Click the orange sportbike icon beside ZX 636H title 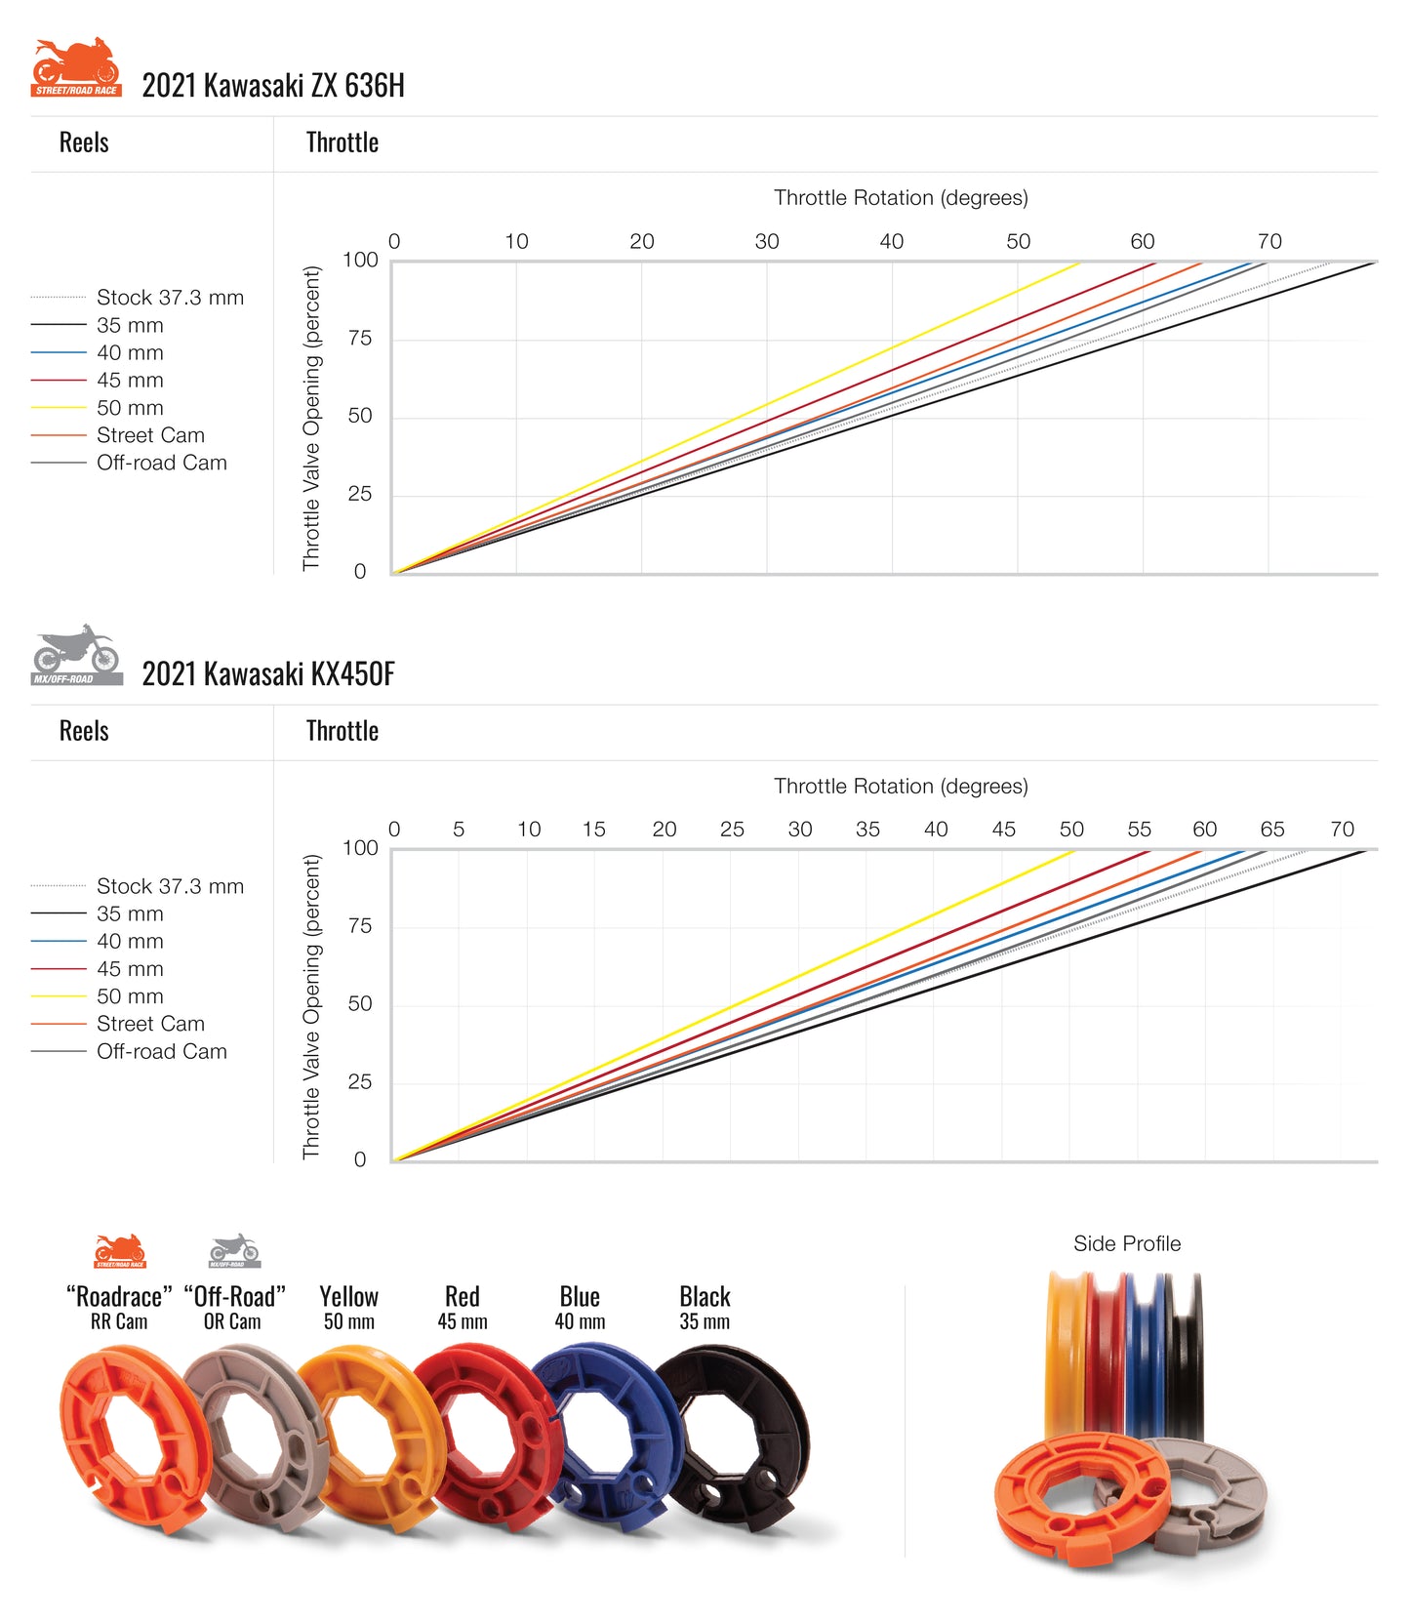click(x=76, y=67)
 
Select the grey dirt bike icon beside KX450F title click(x=76, y=655)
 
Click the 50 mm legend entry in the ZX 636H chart click(x=130, y=408)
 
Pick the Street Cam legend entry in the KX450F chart click(x=150, y=1024)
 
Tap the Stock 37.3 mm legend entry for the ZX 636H click(x=170, y=298)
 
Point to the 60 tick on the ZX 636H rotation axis click(x=1142, y=241)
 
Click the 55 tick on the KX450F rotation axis click(x=1139, y=830)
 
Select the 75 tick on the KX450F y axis click(x=360, y=926)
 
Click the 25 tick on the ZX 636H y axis click(x=360, y=494)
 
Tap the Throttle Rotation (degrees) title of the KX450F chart click(x=901, y=787)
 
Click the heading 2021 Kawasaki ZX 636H click(x=273, y=86)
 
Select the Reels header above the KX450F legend click(x=84, y=731)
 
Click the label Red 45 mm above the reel click(x=463, y=1308)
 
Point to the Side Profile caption click(x=1127, y=1243)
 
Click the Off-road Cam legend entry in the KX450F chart click(x=161, y=1052)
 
